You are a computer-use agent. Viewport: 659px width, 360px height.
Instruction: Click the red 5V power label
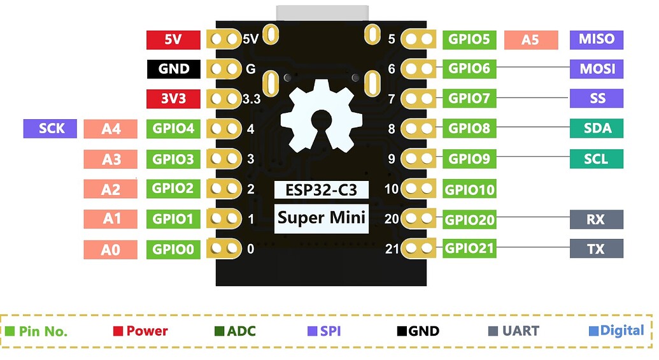click(x=173, y=40)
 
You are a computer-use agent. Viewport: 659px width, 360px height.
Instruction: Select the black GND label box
click(x=173, y=69)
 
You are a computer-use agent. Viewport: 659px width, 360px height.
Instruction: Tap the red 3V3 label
click(x=173, y=99)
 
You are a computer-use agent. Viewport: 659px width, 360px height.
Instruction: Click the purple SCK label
click(x=51, y=128)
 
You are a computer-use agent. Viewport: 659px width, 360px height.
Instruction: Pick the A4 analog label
click(x=111, y=129)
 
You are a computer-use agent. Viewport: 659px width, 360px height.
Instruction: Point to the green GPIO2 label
click(x=173, y=189)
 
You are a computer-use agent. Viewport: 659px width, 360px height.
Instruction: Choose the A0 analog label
click(x=111, y=249)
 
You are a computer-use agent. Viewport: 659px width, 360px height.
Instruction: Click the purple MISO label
click(x=597, y=39)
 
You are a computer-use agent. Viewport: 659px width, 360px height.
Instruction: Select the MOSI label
click(x=597, y=69)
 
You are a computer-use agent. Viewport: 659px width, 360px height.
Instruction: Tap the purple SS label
click(x=597, y=99)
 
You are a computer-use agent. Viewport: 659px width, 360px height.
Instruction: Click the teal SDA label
click(x=597, y=129)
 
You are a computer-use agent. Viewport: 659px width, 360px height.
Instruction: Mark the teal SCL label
click(x=597, y=159)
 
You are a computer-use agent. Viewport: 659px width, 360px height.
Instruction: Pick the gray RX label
click(x=597, y=220)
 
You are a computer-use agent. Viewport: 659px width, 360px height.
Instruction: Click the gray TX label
click(x=597, y=248)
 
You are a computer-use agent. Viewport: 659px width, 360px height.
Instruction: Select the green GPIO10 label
click(x=469, y=189)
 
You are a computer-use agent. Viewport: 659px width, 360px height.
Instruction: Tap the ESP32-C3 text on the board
click(x=322, y=190)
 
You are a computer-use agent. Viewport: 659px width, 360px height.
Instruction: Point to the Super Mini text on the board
click(x=322, y=218)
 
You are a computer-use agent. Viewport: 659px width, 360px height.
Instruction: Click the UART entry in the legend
click(x=514, y=331)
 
